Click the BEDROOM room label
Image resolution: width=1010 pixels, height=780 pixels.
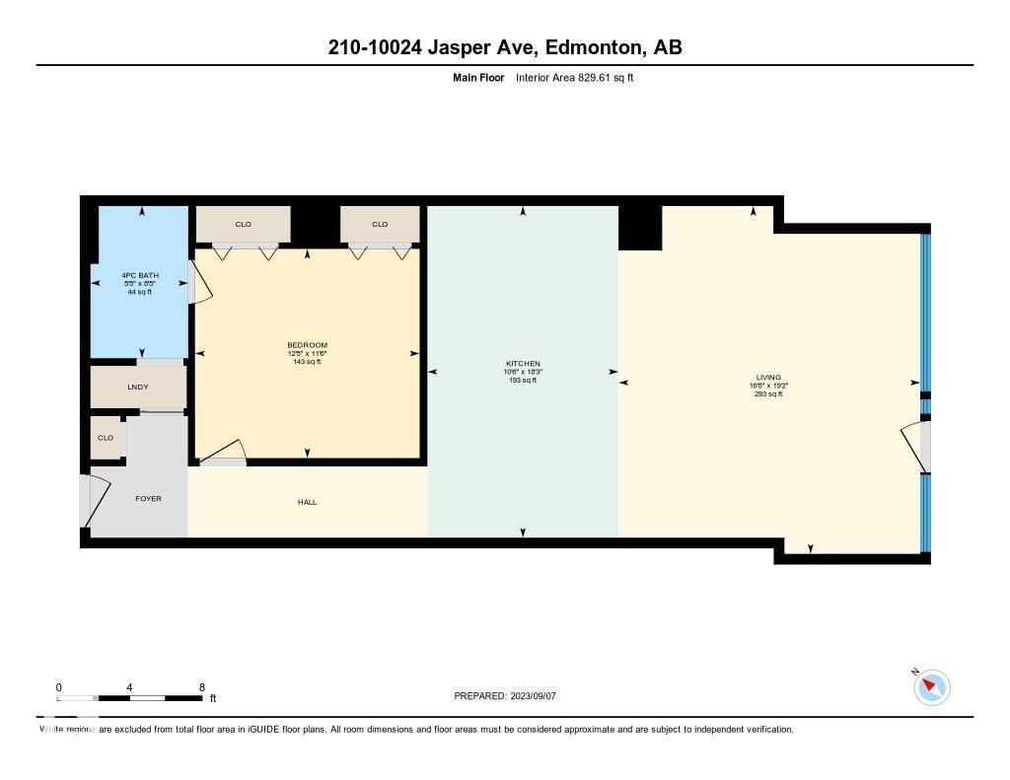tap(307, 345)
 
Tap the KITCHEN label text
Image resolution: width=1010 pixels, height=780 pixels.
tap(522, 364)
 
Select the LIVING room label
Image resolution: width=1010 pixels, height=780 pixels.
tap(767, 378)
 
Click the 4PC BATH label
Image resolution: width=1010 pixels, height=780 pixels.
tap(139, 275)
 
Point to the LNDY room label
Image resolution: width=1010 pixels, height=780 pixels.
tap(138, 387)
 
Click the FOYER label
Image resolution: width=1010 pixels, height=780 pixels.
tap(148, 498)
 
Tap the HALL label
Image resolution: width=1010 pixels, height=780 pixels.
tap(307, 502)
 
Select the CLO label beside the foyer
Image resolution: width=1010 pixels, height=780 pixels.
tap(105, 438)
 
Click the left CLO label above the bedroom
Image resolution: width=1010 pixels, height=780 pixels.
tap(243, 224)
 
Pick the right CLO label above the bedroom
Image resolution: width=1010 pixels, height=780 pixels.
tap(380, 224)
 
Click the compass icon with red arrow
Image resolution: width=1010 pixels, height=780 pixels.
tap(931, 686)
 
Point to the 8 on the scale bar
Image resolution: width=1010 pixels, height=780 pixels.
tap(201, 687)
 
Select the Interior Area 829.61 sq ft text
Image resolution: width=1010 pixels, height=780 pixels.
tap(575, 78)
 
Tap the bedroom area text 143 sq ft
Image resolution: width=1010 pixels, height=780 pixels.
tap(307, 362)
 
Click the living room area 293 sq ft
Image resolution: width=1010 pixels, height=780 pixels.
tap(767, 393)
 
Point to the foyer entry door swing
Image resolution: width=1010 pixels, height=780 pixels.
tap(96, 501)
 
